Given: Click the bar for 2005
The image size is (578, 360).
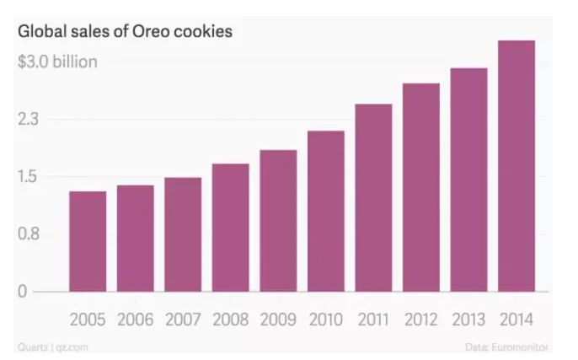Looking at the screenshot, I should [x=88, y=241].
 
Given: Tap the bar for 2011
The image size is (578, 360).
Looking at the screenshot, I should [x=373, y=197].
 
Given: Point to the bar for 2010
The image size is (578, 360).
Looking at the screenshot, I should [x=326, y=211].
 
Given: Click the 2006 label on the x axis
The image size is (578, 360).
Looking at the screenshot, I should [x=136, y=320].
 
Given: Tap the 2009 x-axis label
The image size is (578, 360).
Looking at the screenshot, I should [x=278, y=320].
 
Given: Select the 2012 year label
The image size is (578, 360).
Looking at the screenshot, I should [x=421, y=320].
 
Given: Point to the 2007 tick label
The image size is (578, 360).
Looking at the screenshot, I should [x=183, y=320].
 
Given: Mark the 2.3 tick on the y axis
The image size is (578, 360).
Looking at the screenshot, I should [x=29, y=120].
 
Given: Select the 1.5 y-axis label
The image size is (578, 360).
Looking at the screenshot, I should [x=29, y=177].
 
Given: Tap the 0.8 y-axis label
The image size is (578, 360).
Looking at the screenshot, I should [x=29, y=234].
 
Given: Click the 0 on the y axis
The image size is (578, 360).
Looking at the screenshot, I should [x=24, y=292].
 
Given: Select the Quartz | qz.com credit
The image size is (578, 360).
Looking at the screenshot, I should [x=47, y=347].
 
